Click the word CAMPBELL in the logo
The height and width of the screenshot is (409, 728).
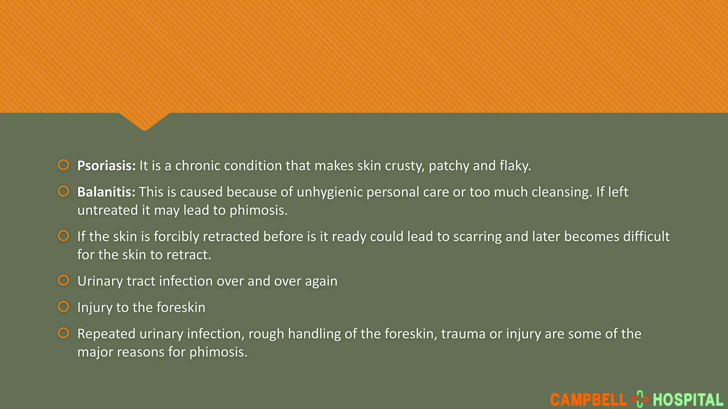point(588,400)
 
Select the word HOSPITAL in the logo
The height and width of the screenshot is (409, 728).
point(688,400)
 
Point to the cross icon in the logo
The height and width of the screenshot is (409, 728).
point(640,399)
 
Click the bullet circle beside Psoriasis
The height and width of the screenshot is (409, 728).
point(64,165)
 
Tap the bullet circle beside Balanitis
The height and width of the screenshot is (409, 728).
point(64,191)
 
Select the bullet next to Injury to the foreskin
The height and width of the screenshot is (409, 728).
point(64,306)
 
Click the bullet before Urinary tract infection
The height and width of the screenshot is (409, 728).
point(64,280)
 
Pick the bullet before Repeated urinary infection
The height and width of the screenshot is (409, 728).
point(64,333)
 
